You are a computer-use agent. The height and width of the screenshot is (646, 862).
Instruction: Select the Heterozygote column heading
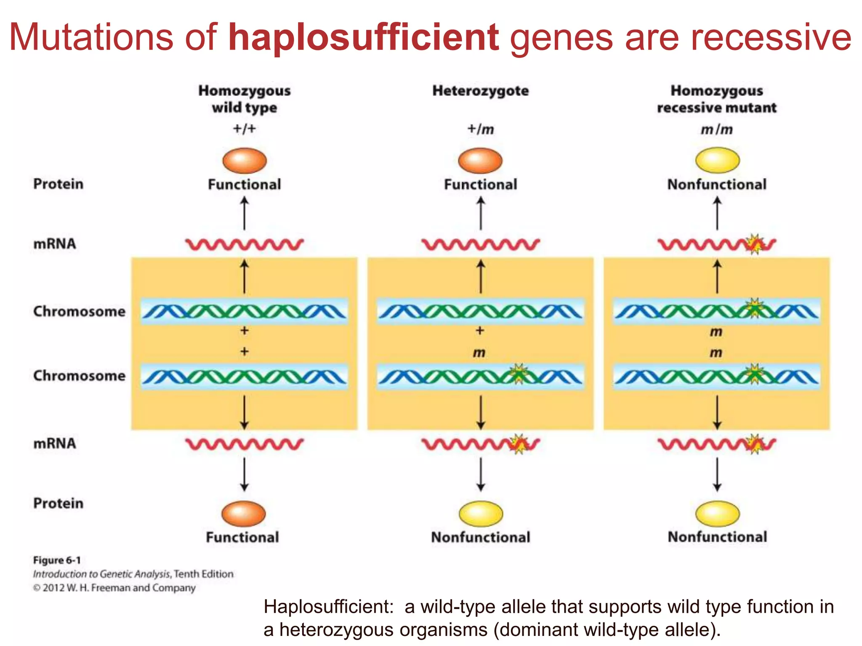[480, 91]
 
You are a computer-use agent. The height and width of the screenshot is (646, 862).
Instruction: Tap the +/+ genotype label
[244, 129]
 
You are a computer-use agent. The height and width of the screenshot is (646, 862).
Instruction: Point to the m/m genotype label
[716, 130]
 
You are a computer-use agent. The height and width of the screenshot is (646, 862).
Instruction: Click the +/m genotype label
[480, 129]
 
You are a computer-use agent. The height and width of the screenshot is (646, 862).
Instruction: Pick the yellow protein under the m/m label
[717, 160]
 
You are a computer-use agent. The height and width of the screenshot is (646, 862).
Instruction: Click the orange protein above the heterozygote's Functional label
[480, 161]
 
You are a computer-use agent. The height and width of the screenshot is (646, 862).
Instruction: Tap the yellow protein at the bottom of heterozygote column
[481, 514]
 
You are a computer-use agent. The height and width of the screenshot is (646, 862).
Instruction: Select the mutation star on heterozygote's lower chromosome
[519, 374]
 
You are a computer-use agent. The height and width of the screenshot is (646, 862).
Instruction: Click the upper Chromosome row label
[79, 311]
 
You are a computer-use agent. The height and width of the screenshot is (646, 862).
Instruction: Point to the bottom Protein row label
[58, 503]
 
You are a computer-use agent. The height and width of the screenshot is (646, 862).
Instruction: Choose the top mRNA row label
[55, 244]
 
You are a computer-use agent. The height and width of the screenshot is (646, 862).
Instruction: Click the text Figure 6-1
[57, 560]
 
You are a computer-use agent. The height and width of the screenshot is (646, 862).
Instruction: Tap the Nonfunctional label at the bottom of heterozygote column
[480, 537]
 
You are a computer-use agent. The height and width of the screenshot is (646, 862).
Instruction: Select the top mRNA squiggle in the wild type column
[244, 244]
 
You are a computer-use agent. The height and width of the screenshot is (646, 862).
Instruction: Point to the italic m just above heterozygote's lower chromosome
[479, 352]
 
